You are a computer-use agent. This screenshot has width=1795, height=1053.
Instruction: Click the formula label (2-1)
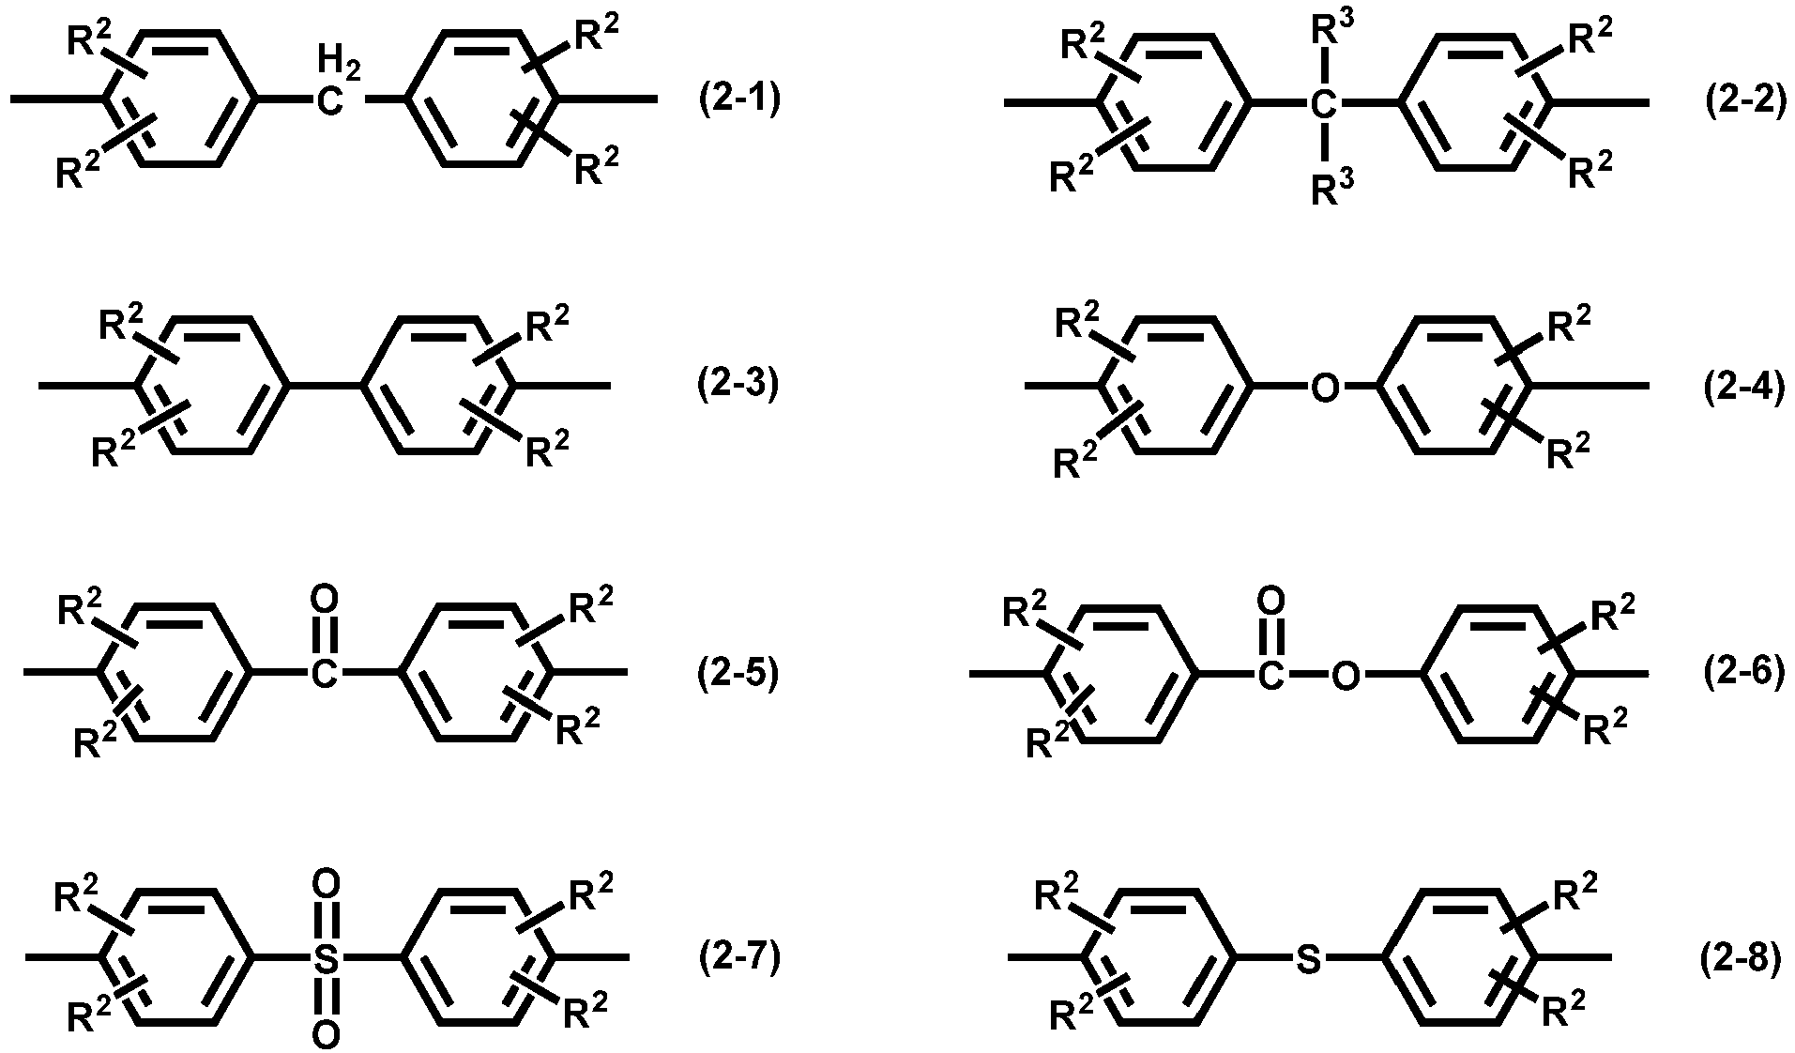[x=738, y=99]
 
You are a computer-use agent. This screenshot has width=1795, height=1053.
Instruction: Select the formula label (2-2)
[x=1745, y=100]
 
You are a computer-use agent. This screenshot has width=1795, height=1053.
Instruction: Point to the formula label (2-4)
[x=1744, y=388]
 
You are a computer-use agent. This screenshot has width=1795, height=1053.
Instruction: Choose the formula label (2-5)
[x=738, y=673]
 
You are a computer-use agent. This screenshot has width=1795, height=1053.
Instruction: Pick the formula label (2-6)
[x=1744, y=673]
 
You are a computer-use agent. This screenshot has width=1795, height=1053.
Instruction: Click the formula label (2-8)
[x=1740, y=960]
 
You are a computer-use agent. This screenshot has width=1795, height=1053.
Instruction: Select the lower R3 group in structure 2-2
[x=1332, y=190]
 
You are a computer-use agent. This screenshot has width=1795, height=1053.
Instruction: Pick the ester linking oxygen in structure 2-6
[x=1346, y=674]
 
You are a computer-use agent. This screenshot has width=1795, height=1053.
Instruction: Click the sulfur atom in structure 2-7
[x=325, y=959]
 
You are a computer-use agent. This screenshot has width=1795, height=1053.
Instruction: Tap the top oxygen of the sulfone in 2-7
[x=325, y=883]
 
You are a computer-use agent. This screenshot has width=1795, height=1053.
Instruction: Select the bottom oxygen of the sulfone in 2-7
[x=325, y=1034]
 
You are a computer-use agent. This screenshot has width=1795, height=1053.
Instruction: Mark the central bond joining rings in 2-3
[x=323, y=386]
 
